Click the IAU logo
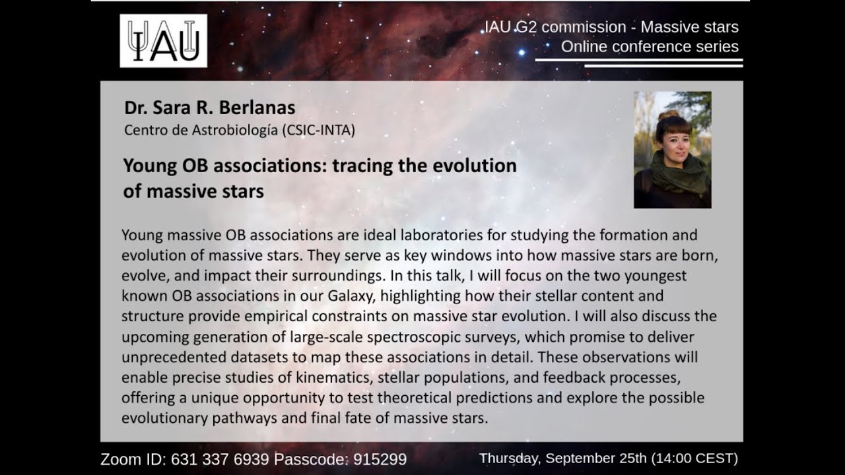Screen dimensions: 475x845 point(163,41)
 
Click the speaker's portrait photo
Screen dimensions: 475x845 point(672,150)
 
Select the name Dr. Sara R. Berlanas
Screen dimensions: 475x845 point(209,108)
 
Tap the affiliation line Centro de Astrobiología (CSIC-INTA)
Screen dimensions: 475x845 point(240,130)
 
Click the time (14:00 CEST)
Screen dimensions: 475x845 point(694,459)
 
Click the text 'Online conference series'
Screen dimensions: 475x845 point(650,47)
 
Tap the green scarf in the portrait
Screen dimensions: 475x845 point(672,174)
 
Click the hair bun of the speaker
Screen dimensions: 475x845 point(668,115)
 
